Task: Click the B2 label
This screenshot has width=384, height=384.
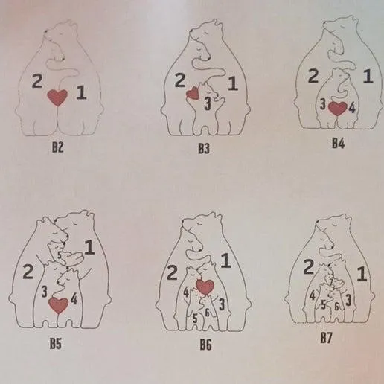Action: click(57, 147)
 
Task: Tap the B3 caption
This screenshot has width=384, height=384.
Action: click(204, 149)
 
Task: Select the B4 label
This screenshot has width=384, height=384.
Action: click(339, 143)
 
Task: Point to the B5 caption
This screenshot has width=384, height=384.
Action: click(55, 344)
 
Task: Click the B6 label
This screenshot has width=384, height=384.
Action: click(205, 345)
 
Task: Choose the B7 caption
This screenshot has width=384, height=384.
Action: click(326, 338)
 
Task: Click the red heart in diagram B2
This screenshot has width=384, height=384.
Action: click(57, 97)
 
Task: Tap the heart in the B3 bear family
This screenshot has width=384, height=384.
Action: click(193, 93)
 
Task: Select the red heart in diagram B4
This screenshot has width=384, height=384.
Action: click(338, 109)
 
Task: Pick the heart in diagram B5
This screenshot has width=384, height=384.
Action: click(58, 306)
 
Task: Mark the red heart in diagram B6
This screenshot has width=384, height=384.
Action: click(205, 287)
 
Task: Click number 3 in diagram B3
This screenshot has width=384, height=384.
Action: click(208, 103)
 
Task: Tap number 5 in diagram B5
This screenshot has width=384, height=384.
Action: click(60, 255)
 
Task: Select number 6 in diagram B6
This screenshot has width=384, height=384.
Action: click(208, 313)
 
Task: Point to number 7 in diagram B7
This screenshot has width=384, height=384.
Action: click(331, 281)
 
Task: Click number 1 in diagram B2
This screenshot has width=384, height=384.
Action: click(81, 92)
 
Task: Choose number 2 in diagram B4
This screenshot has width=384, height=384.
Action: click(313, 76)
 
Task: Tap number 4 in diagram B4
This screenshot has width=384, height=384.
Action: click(352, 108)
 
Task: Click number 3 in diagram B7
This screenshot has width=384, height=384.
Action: click(348, 301)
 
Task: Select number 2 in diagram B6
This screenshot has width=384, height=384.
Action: click(172, 272)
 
